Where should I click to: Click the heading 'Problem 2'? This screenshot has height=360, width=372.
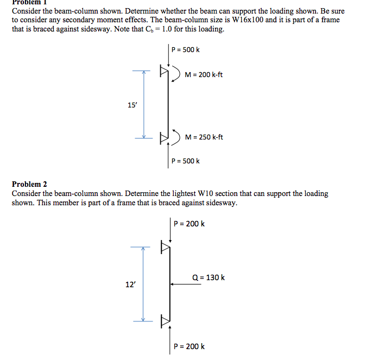pos(29,184)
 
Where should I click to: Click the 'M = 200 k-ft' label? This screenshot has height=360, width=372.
pos(204,74)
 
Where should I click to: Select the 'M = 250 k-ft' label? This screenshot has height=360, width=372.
pos(204,137)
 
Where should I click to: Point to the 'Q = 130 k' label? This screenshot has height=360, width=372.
pos(209,277)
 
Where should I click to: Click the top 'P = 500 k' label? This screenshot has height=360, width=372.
pos(185,50)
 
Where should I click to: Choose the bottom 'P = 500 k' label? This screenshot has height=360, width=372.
pos(185,161)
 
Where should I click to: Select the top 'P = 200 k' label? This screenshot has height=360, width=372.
pos(189,224)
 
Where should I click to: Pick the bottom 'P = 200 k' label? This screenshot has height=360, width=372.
pos(189,346)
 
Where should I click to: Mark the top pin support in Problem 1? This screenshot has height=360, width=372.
pos(163,71)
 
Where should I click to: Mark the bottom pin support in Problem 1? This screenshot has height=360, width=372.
pos(163,137)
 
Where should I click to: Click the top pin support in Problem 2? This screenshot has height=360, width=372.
pos(165,248)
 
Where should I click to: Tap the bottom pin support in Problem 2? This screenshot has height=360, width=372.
pos(165,320)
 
